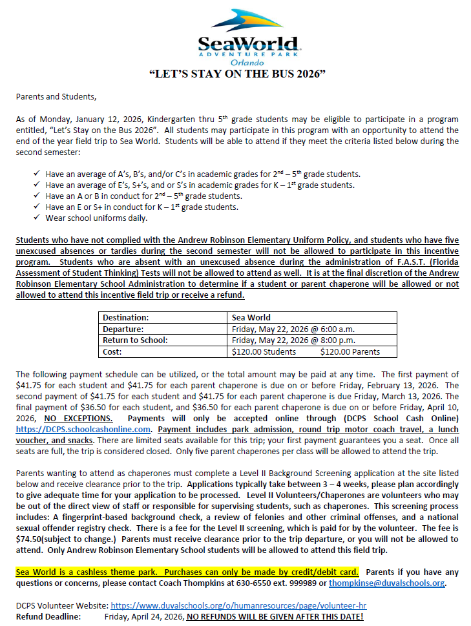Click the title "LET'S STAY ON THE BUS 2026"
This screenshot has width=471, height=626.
click(x=237, y=73)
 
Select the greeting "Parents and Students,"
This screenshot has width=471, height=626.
click(x=56, y=97)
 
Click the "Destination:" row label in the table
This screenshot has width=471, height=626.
click(x=125, y=317)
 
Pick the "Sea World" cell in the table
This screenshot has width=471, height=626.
click(x=251, y=317)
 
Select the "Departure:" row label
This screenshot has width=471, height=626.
click(x=123, y=329)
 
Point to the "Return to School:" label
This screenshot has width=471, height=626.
click(x=135, y=340)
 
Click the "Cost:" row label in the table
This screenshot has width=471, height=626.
click(x=114, y=351)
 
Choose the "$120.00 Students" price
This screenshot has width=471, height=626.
click(x=264, y=351)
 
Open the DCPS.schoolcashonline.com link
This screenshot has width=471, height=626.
click(x=83, y=429)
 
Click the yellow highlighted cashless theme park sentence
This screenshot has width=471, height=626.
click(x=188, y=572)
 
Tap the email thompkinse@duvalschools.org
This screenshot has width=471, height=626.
click(x=386, y=583)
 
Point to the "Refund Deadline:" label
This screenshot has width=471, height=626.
click(x=48, y=616)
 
